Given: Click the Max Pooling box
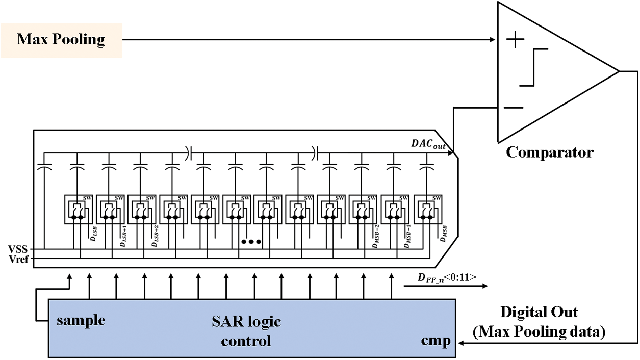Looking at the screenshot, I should pyautogui.click(x=61, y=39).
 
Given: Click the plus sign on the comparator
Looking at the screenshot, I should pyautogui.click(x=518, y=40).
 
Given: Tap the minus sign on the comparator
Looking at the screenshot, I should pyautogui.click(x=516, y=108).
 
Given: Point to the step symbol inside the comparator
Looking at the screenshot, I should pyautogui.click(x=533, y=67).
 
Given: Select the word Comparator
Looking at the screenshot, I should pyautogui.click(x=549, y=152).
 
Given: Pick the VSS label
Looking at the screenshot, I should pyautogui.click(x=21, y=249).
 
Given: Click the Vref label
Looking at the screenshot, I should pyautogui.click(x=21, y=259).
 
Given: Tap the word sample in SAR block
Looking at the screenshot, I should pyautogui.click(x=81, y=320).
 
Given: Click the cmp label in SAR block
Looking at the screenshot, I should pyautogui.click(x=436, y=340).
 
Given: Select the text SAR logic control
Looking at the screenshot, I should pyautogui.click(x=246, y=331).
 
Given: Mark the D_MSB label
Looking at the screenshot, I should pyautogui.click(x=444, y=234).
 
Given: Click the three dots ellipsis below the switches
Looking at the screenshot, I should pyautogui.click(x=251, y=242).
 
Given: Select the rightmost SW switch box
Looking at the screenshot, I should pyautogui.click(x=428, y=209).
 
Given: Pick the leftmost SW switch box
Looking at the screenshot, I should pyautogui.click(x=78, y=209).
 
